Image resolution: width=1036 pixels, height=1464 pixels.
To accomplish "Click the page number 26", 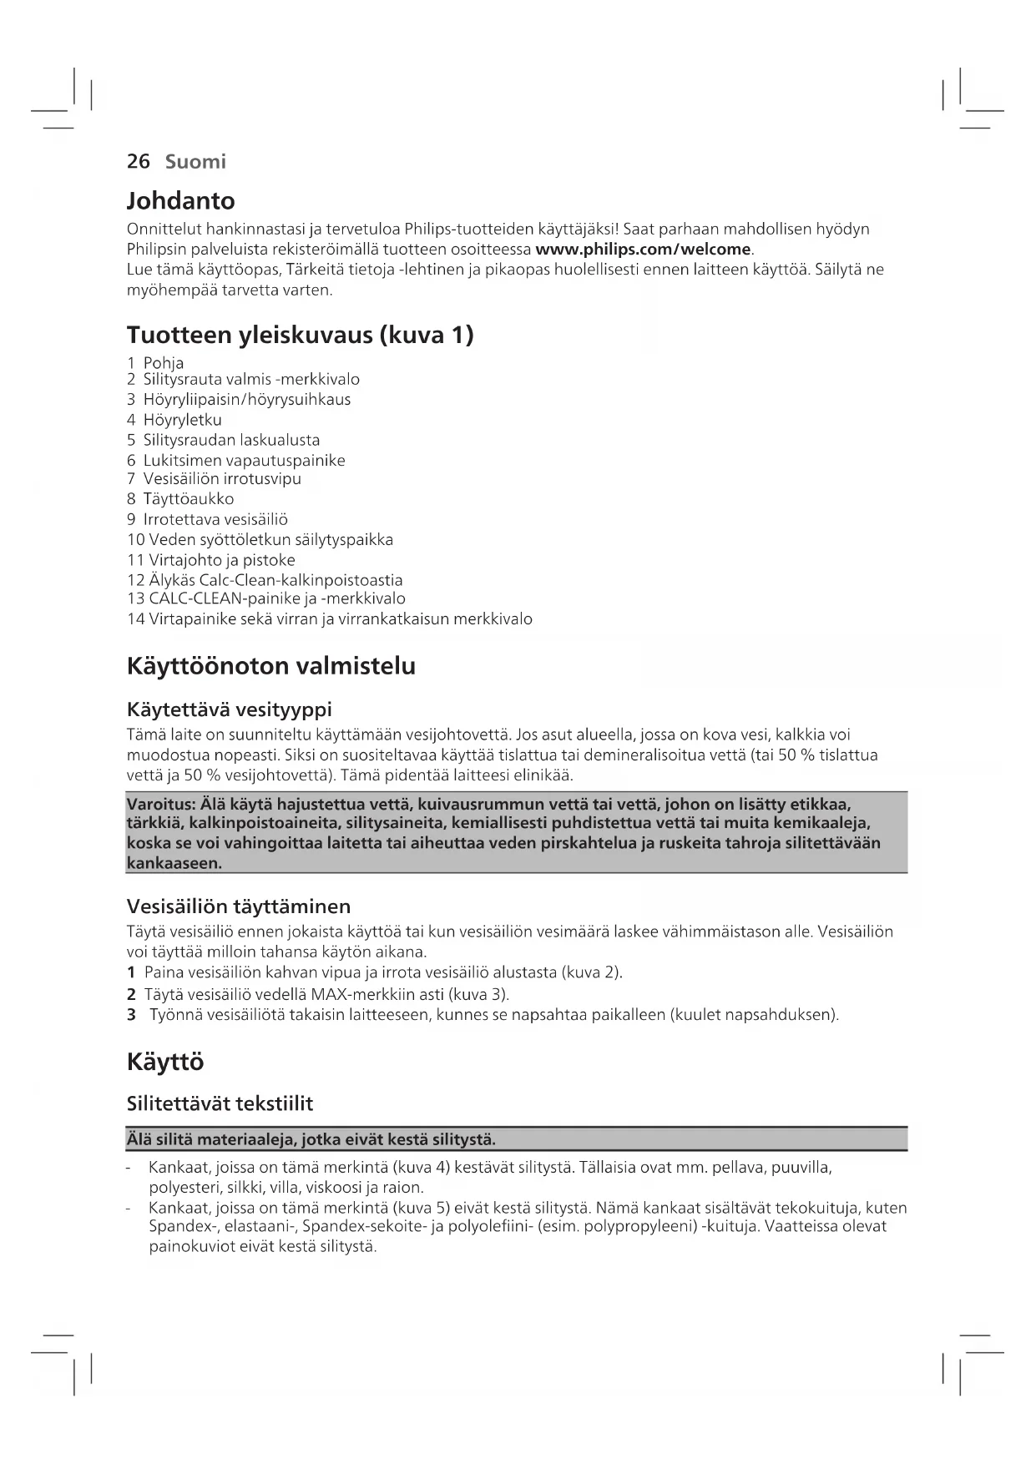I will [138, 162].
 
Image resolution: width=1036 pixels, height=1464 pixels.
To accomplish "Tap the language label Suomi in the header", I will [195, 162].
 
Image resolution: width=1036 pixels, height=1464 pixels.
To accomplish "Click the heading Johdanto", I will [180, 201].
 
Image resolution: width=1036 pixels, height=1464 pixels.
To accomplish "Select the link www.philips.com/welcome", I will [643, 250].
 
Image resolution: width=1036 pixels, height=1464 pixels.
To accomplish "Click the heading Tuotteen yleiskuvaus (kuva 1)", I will [300, 336].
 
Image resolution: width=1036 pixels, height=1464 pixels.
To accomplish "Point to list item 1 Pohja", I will [156, 363].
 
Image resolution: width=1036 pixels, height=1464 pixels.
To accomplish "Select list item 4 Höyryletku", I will [174, 420].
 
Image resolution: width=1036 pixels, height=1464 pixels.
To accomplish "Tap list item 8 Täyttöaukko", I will [180, 499].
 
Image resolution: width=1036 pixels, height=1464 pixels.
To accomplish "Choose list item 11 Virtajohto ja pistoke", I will [211, 560].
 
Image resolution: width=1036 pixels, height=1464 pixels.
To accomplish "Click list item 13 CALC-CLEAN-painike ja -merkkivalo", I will [266, 598].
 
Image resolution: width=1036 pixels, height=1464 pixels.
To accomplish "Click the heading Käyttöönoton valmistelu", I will [270, 667].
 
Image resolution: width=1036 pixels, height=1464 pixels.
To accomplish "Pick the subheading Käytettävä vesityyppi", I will [229, 710].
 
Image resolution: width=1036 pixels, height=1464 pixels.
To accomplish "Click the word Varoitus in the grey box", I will [159, 805].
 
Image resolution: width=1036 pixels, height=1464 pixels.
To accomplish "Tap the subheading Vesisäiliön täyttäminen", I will [238, 906].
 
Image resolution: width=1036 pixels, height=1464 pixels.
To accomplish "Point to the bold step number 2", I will [131, 994].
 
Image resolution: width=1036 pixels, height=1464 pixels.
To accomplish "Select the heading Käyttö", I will [165, 1063].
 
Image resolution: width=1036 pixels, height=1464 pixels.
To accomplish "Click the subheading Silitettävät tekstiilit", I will [220, 1104].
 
